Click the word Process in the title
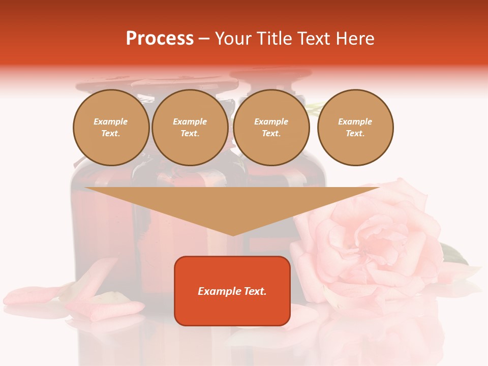coord(160,39)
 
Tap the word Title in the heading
coord(274,39)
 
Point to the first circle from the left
coord(111,128)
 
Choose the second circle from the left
coord(190,128)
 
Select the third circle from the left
coord(271,128)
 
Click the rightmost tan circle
coord(355,128)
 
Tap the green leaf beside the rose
coord(453,254)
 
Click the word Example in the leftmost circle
coord(111,121)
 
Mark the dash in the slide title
coord(204,39)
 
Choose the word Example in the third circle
coord(271,121)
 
